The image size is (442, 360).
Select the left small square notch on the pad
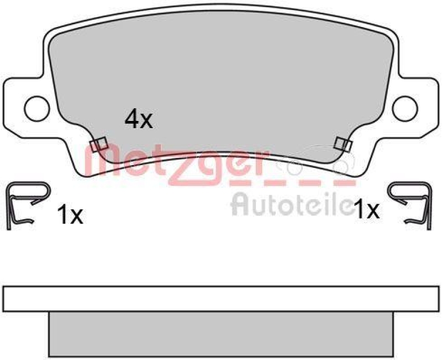[98, 145]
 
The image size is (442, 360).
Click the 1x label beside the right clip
[366, 209]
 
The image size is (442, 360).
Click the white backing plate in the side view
[221, 299]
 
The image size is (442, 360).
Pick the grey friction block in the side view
[221, 335]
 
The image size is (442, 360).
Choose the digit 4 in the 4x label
[131, 119]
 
